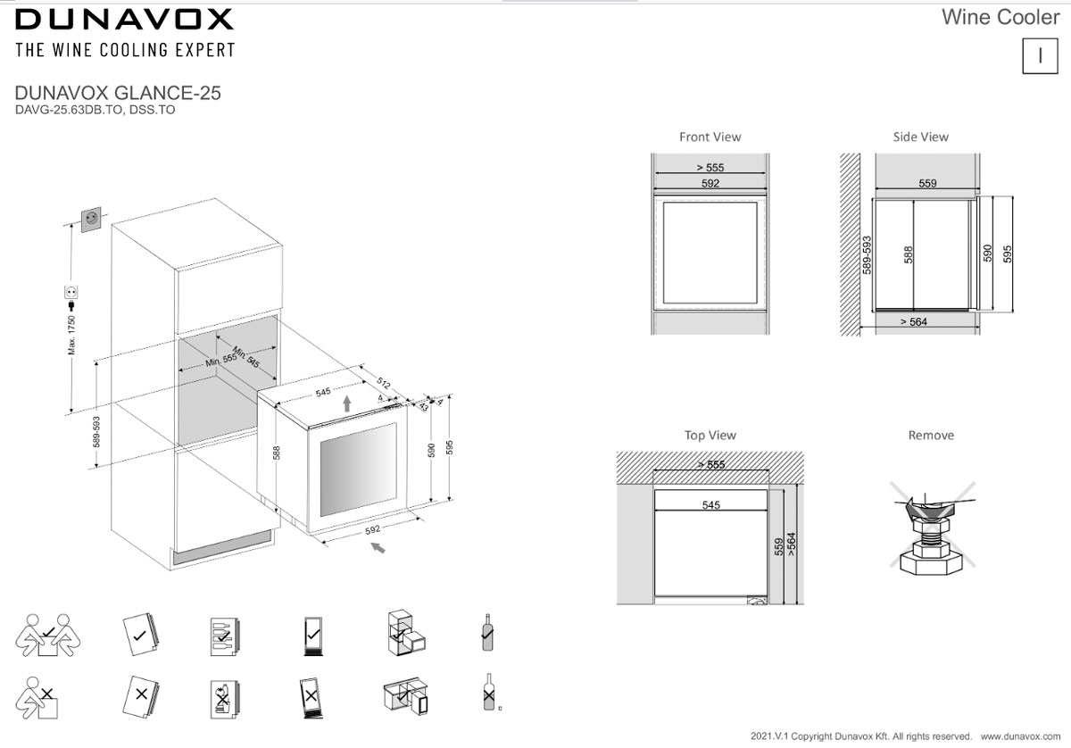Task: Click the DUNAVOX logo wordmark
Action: pos(124,19)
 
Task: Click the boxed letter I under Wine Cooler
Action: pos(1040,56)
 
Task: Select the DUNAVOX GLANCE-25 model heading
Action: pos(118,93)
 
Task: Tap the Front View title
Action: pos(710,137)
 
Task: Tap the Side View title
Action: pos(921,137)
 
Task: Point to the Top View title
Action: pos(710,436)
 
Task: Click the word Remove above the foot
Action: pos(931,436)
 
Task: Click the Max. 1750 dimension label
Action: pos(71,335)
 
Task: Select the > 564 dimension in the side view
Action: pos(914,322)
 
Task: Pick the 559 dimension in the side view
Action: pos(927,183)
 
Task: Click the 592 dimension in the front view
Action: pos(710,183)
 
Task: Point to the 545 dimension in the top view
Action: pos(711,505)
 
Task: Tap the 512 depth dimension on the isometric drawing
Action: pos(384,383)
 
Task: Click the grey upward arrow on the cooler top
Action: pos(347,403)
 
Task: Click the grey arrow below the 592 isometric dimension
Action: pos(378,547)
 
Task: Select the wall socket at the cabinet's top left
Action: pos(91,219)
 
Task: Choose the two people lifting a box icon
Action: pos(48,636)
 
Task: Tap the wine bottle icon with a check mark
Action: pos(487,632)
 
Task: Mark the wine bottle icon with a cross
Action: pos(489,692)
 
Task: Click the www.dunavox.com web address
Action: pos(1020,736)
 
